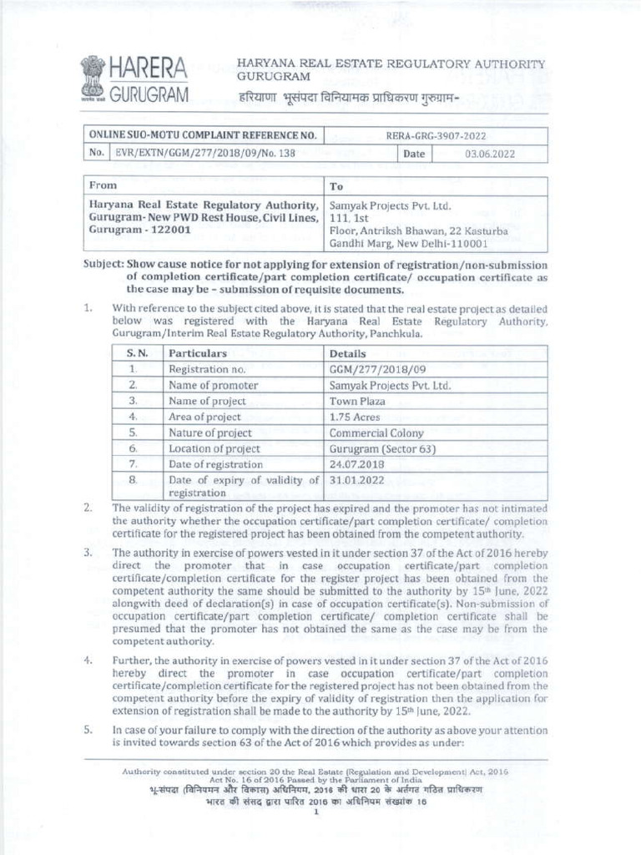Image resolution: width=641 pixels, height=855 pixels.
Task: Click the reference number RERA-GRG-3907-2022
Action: click(x=437, y=136)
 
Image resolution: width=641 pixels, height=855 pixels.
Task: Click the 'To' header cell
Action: click(x=337, y=186)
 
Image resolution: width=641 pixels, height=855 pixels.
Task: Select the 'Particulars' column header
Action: click(x=198, y=354)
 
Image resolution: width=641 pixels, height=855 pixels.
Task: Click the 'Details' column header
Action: click(x=349, y=354)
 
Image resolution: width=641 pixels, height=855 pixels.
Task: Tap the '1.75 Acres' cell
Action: click(x=355, y=417)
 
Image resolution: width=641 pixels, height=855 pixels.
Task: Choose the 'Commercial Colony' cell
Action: click(x=376, y=433)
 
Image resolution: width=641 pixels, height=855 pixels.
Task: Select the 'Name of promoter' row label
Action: click(x=213, y=386)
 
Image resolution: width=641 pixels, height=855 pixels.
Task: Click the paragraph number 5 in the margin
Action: click(x=88, y=729)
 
